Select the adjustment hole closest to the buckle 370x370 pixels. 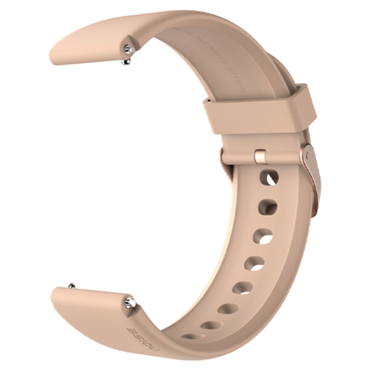269,178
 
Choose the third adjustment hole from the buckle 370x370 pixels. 263,236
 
